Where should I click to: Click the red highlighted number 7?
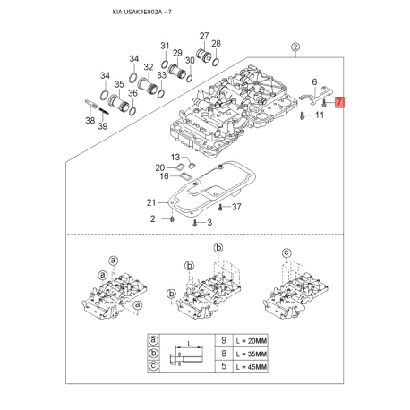(x=339, y=103)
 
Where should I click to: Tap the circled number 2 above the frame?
(x=295, y=47)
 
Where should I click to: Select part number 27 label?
(x=204, y=36)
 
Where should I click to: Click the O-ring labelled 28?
(x=216, y=62)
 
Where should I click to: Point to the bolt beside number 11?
(x=302, y=115)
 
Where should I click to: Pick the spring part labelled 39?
(x=104, y=112)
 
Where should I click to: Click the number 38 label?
(x=90, y=120)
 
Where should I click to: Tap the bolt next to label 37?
(x=220, y=207)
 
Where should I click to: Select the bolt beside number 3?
(x=195, y=223)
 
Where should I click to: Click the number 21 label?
(x=151, y=202)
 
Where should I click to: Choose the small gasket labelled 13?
(x=192, y=165)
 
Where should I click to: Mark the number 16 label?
(x=164, y=176)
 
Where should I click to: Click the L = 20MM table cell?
(x=251, y=340)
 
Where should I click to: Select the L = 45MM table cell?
(x=251, y=367)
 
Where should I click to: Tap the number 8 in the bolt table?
(x=224, y=354)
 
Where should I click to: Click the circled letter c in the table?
(x=153, y=366)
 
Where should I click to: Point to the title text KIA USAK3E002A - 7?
(x=141, y=13)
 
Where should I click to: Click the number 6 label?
(x=314, y=81)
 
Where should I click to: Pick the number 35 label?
(x=119, y=84)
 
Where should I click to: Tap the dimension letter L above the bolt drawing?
(x=189, y=344)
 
